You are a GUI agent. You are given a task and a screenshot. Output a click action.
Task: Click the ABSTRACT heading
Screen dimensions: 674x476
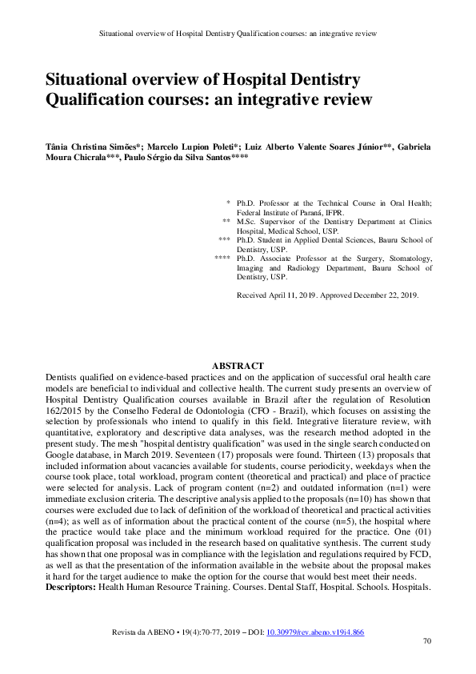(238, 366)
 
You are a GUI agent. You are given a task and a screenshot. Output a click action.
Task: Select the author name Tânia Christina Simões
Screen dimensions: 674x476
(91, 148)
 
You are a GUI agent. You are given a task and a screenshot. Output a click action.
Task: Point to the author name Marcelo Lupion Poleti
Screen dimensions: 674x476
(187, 148)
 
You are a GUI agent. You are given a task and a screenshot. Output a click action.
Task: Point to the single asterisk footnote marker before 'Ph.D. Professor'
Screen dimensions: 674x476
(228, 203)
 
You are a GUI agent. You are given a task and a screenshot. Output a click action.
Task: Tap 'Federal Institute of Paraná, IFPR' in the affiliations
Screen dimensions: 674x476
(290, 213)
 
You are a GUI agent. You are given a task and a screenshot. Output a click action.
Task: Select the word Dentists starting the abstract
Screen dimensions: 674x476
(62, 376)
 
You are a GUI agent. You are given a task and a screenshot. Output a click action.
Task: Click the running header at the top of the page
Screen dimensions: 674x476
(238, 34)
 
